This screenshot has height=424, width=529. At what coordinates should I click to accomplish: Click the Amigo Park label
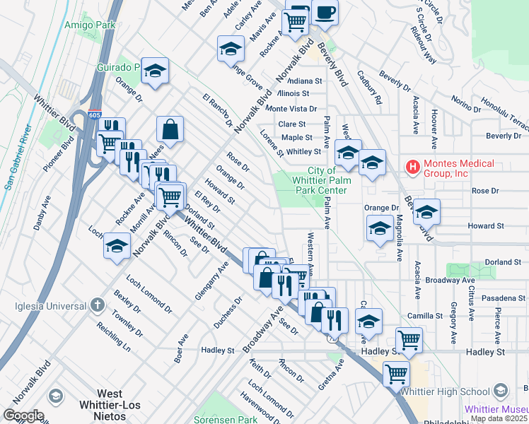pyautogui.click(x=85, y=25)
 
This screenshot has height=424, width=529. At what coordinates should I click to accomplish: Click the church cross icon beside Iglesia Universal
pyautogui.click(x=98, y=305)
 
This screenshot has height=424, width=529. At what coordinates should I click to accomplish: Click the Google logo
pyautogui.click(x=23, y=415)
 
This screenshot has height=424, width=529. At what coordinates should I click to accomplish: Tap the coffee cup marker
pyautogui.click(x=325, y=13)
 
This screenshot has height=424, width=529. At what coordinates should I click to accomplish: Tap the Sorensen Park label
pyautogui.click(x=225, y=419)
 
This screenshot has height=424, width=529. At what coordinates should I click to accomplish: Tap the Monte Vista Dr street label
pyautogui.click(x=291, y=109)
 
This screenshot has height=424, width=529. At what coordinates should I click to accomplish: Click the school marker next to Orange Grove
pyautogui.click(x=230, y=49)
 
